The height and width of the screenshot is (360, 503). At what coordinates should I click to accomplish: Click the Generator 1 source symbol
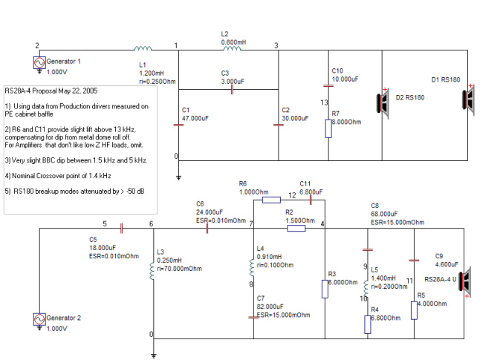(39, 62)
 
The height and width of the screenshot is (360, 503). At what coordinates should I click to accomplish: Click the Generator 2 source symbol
(39, 319)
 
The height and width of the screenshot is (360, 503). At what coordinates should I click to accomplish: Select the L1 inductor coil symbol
(143, 48)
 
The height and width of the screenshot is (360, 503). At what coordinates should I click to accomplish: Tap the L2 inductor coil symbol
(232, 48)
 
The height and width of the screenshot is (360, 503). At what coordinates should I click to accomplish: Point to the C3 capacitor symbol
(232, 90)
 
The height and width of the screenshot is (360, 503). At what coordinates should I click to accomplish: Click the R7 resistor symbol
(328, 129)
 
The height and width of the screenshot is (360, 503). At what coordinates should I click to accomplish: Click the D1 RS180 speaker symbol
(468, 99)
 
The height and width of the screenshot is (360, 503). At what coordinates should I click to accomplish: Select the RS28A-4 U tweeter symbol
(465, 282)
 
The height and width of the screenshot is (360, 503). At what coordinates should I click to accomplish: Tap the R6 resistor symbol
(271, 200)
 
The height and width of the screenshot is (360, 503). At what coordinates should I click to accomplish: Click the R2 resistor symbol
(296, 228)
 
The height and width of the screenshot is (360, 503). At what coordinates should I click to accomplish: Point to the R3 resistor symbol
(325, 289)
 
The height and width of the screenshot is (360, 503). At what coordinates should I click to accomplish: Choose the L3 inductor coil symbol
(152, 271)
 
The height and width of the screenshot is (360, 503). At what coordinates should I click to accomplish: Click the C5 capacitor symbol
(121, 229)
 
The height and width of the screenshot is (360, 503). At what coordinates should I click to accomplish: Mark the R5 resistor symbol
(414, 310)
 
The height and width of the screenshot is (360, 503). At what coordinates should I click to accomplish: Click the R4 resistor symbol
(368, 324)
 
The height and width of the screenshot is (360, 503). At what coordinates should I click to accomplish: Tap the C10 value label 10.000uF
(345, 79)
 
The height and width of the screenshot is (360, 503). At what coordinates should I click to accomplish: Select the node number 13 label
(325, 102)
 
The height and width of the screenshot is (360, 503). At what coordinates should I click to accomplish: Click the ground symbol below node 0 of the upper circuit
(178, 177)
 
